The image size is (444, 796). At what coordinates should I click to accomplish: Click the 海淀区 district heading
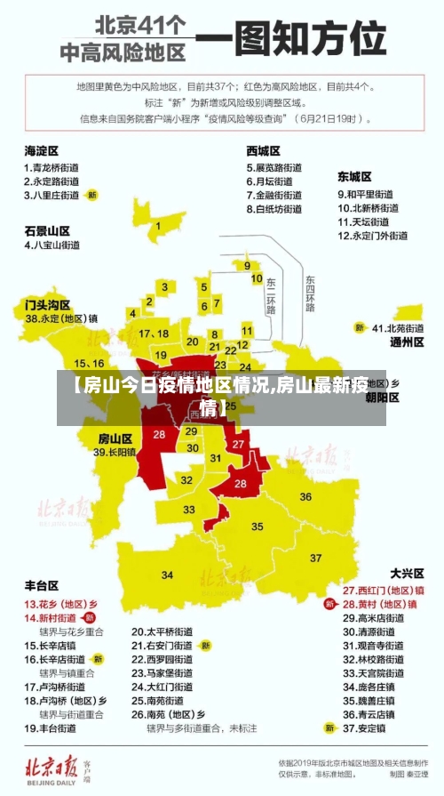(41, 150)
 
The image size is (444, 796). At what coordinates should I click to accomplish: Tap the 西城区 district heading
(264, 150)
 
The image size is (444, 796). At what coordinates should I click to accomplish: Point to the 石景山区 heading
(47, 229)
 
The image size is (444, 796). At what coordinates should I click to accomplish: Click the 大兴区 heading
(408, 574)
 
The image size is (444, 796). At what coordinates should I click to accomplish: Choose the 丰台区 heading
(41, 586)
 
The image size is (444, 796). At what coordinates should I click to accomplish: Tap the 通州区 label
(407, 342)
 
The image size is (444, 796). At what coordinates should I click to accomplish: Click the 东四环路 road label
(309, 294)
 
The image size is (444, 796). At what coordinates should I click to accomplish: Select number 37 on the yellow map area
(316, 559)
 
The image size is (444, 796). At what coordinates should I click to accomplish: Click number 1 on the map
(158, 226)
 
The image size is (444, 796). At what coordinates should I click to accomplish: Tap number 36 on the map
(305, 496)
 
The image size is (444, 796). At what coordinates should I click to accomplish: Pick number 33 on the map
(189, 510)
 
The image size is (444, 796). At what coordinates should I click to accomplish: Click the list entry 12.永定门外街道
(372, 236)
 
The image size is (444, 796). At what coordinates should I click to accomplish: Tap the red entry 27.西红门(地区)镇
(384, 590)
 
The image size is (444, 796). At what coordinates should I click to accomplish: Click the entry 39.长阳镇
(115, 453)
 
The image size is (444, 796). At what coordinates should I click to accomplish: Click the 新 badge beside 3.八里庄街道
(92, 194)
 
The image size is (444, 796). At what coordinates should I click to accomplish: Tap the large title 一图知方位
(290, 39)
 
